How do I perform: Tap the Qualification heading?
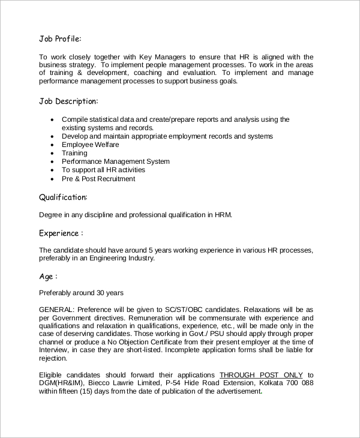tap(63, 197)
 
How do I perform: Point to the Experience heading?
tap(61, 233)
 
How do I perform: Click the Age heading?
tap(48, 277)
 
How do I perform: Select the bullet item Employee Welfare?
tap(90, 145)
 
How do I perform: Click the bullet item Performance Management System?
tap(115, 161)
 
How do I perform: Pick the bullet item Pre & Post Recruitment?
tap(98, 179)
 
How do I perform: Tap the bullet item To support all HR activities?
tap(103, 170)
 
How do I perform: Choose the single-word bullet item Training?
tap(74, 153)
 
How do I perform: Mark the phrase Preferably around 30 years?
tap(81, 293)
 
